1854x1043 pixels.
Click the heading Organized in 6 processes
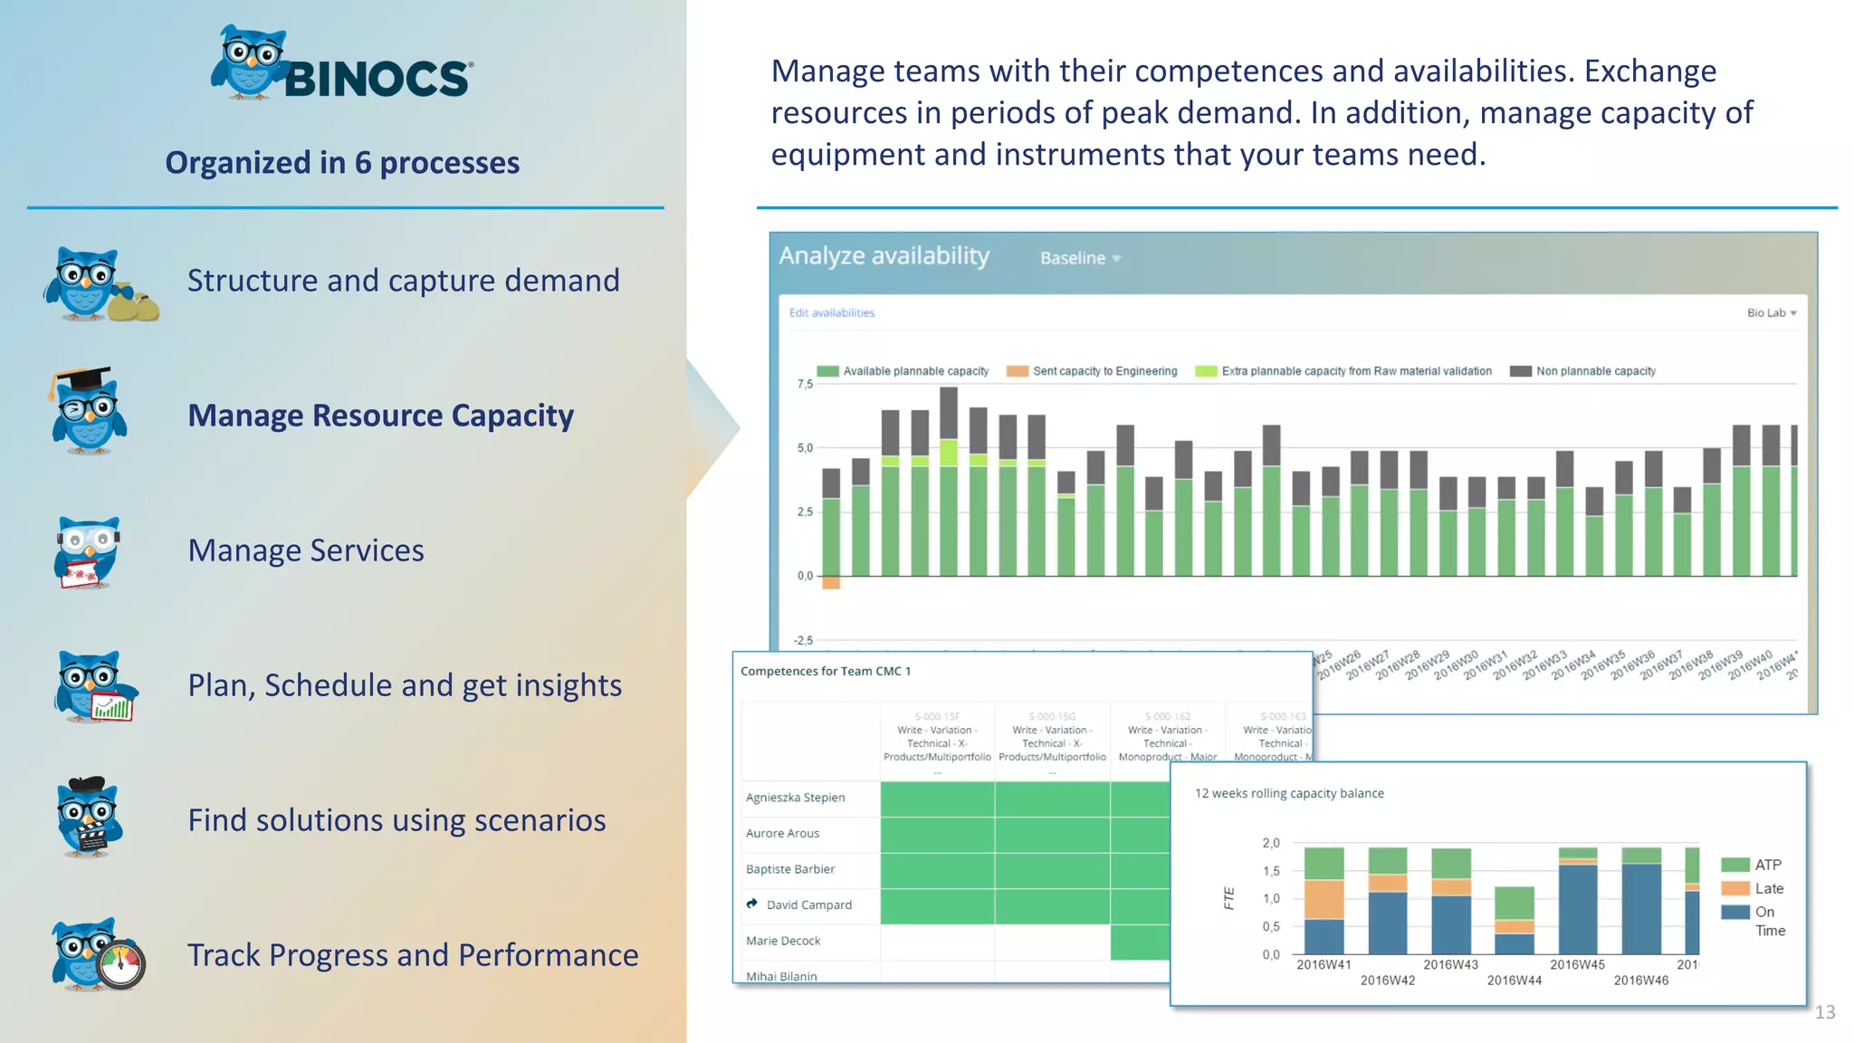[x=342, y=163]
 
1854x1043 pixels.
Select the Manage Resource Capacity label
[x=380, y=416]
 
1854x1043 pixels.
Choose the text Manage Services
[x=306, y=550]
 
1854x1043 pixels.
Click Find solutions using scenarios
[x=397, y=820]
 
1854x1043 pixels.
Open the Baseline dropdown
[x=1080, y=258]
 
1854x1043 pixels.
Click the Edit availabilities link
[x=831, y=313]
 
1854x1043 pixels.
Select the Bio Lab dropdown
[x=1771, y=313]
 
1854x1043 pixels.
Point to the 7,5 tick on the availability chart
[x=805, y=384]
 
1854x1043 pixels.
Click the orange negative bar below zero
[x=831, y=583]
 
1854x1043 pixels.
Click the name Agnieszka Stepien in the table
[x=795, y=798]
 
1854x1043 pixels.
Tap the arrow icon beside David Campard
[x=751, y=904]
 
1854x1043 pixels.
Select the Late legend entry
[x=1768, y=889]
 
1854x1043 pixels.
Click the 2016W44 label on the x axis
[x=1514, y=981]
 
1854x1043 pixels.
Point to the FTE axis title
[x=1228, y=898]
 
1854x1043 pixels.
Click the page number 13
[x=1824, y=1012]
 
